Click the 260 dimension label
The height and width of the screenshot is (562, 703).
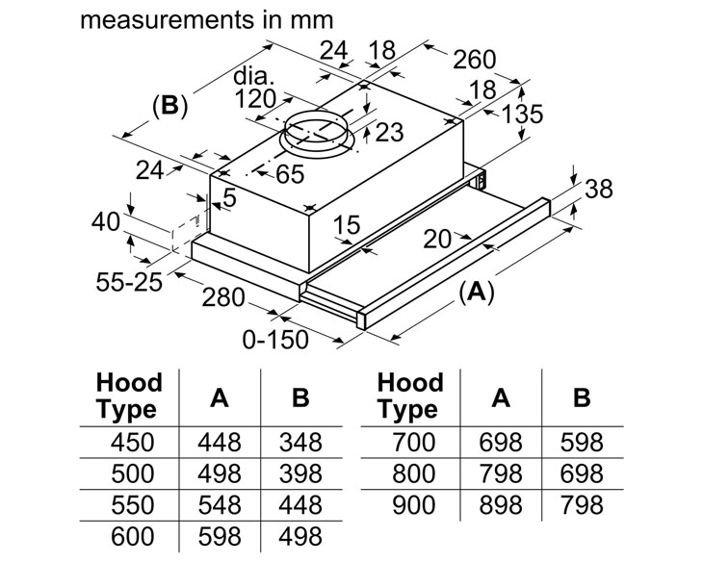475,60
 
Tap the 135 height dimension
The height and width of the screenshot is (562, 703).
522,114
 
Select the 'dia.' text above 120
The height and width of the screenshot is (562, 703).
253,76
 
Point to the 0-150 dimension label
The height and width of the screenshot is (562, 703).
275,340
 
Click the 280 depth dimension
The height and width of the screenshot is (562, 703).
223,297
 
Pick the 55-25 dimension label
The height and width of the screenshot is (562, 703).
129,282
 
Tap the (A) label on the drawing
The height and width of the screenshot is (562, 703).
476,293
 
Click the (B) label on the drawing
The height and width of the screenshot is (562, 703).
169,106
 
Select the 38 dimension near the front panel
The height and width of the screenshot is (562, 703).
599,189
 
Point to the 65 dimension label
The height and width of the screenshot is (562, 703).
290,174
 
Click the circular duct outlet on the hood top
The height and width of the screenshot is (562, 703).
317,134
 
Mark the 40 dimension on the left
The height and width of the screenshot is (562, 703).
106,222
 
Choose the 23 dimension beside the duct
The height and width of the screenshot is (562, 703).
389,132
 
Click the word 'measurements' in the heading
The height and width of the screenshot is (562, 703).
169,20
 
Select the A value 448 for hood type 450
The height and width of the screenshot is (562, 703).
220,443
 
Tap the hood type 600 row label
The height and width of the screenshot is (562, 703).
132,536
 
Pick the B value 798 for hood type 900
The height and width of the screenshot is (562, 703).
582,505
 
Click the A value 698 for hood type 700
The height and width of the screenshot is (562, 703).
501,443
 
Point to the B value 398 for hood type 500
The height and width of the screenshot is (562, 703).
300,473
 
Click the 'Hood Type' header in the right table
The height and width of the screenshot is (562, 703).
410,396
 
